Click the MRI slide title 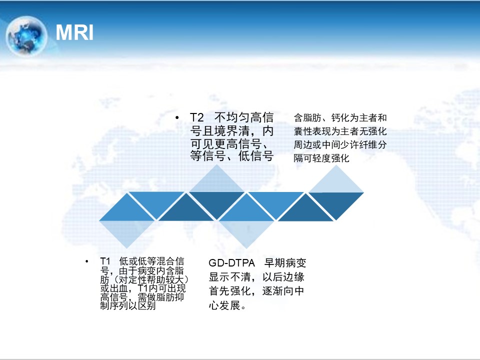click(x=74, y=32)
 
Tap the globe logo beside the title click(x=26, y=36)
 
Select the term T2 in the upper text click(x=197, y=117)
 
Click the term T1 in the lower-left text click(x=105, y=261)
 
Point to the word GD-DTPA click(x=231, y=263)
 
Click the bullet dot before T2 click(x=177, y=117)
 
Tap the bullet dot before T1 click(x=87, y=261)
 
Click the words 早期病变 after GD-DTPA click(x=285, y=263)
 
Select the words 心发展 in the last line click(x=224, y=305)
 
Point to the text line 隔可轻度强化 click(x=321, y=158)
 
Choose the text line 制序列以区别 click(x=128, y=305)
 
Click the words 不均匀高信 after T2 click(x=244, y=117)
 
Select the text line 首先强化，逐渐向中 click(x=256, y=291)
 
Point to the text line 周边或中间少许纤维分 click(x=340, y=145)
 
